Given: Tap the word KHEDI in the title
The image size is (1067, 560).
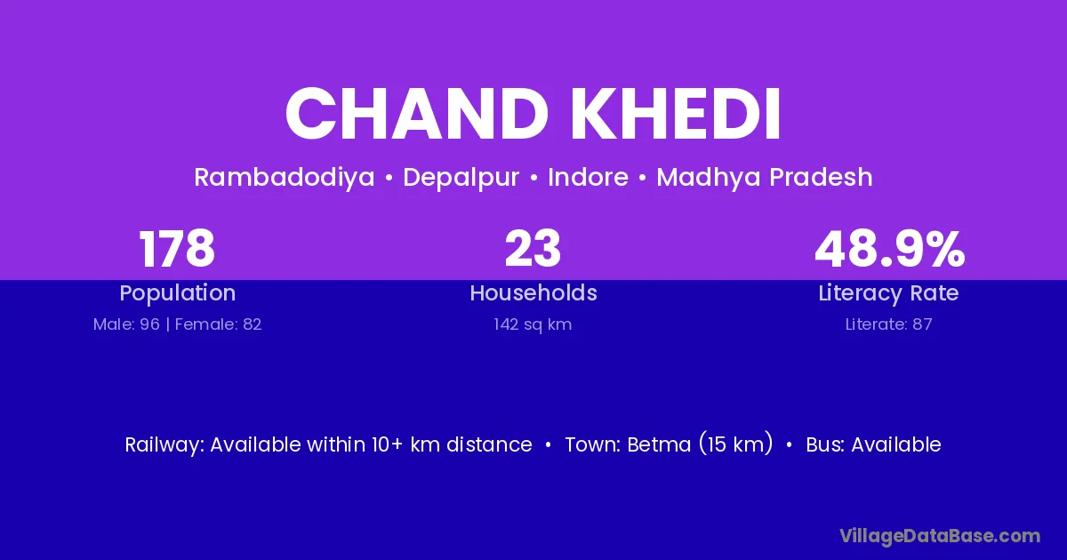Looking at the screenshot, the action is [677, 114].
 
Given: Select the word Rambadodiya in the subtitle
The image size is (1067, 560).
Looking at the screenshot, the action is [285, 178].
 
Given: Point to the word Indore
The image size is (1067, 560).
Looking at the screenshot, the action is [589, 177].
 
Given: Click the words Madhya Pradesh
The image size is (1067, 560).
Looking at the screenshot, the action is [765, 178].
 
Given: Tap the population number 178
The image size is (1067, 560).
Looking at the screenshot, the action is [177, 249].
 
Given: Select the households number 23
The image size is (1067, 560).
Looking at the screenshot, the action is [533, 249].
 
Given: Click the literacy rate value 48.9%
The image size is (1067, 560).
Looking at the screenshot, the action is [889, 249].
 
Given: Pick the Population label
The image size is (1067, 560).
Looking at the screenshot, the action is [178, 293].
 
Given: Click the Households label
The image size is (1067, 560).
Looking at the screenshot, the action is [533, 292].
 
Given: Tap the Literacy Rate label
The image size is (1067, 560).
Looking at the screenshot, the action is [889, 293].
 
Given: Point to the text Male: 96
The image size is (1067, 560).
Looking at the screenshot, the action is [126, 324].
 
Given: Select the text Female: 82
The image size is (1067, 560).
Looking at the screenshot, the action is [218, 324].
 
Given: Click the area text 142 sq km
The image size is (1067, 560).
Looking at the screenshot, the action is [533, 324].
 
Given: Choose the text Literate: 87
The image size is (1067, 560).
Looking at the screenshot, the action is [889, 324].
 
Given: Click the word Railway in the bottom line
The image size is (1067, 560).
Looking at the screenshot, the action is [164, 445].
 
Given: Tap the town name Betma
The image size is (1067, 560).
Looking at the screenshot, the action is [659, 444].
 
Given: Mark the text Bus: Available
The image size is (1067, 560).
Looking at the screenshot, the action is [873, 444].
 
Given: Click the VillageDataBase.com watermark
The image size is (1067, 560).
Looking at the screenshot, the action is [940, 536].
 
